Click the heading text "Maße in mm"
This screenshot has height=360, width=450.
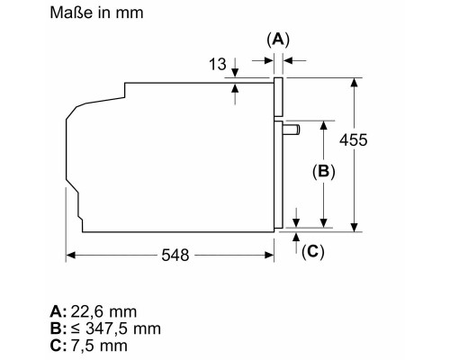[x=96, y=13]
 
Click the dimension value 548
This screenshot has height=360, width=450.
[x=175, y=256]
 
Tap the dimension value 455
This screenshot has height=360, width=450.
[x=354, y=139]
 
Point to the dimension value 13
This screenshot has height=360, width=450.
[x=218, y=64]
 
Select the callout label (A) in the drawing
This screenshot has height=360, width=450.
[x=278, y=40]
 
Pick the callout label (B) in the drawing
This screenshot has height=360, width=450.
[x=324, y=171]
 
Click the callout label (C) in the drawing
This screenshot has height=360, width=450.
[x=313, y=251]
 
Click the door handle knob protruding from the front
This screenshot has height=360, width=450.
[x=291, y=130]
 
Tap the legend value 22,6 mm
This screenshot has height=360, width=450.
[x=103, y=311]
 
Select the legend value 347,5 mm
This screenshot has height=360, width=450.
[x=123, y=328]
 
